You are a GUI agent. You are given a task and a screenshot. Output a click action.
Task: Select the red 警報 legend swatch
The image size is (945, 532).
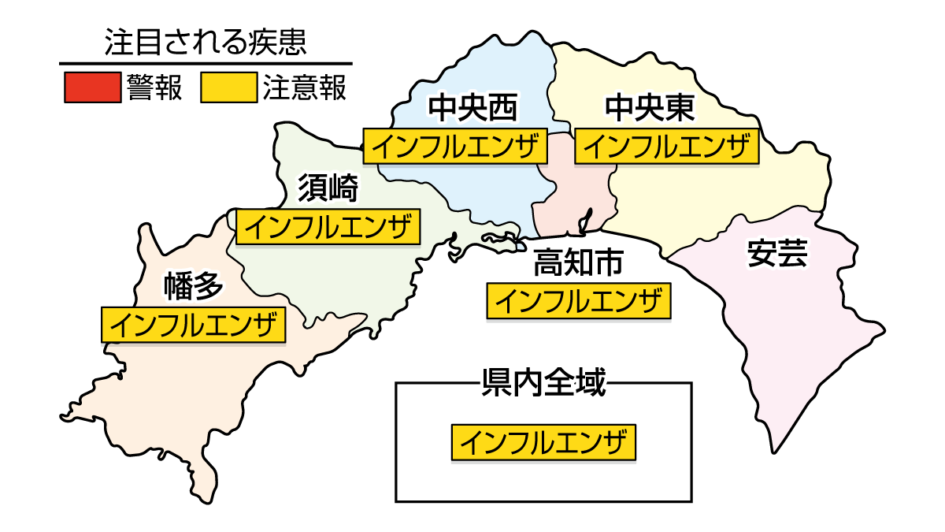(91, 87)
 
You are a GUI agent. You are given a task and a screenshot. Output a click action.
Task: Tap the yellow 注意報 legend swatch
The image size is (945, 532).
(228, 87)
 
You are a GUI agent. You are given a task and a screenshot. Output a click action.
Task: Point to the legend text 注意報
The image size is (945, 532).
(305, 87)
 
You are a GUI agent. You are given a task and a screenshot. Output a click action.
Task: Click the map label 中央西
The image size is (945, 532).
(472, 109)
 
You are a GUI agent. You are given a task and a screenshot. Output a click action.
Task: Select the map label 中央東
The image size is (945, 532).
(650, 109)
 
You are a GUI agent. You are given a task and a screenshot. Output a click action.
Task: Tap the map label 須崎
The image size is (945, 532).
(328, 188)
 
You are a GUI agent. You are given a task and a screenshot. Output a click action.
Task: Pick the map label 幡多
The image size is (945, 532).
(194, 287)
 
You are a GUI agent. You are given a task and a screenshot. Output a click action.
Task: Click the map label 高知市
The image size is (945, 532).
(578, 262)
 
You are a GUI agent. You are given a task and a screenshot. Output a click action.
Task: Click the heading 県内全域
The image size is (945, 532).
(543, 384)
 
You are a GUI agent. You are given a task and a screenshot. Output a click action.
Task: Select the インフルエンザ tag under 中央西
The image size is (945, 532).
(454, 147)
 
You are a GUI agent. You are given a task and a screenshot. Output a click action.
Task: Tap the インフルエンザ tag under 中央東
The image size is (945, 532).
(666, 147)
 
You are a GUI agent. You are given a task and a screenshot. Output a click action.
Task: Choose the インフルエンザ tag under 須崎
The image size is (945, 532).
(328, 227)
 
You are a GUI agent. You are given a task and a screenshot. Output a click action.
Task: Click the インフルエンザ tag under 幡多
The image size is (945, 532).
(194, 325)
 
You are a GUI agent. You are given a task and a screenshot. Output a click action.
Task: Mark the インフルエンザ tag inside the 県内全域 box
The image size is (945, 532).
(543, 442)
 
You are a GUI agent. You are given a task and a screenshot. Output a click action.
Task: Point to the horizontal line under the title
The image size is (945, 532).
(206, 63)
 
